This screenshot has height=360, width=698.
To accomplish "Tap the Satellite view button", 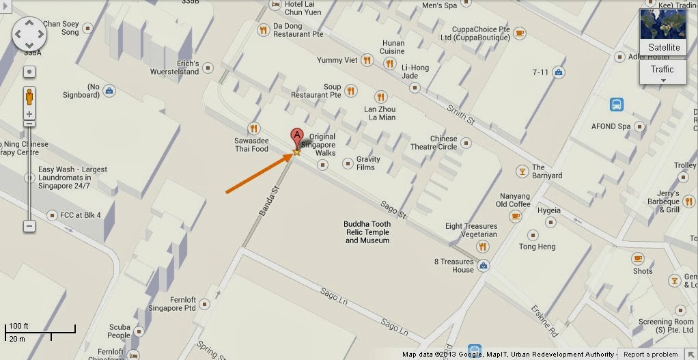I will (x=663, y=33).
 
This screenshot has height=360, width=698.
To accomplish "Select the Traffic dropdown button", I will (x=662, y=72).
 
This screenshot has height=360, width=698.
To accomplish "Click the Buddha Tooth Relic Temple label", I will (x=367, y=232).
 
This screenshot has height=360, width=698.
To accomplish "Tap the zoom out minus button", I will (x=29, y=225).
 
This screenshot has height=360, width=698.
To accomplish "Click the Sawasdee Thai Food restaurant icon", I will (x=254, y=128).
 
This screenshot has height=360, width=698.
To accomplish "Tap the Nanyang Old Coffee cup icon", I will (x=516, y=216).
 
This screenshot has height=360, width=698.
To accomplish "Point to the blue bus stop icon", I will (x=617, y=105).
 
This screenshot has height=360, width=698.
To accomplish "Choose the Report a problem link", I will (x=651, y=355).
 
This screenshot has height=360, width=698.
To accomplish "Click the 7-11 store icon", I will (x=559, y=72).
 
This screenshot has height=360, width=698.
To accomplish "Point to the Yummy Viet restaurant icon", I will (x=368, y=60).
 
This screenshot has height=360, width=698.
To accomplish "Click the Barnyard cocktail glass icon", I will (x=522, y=171).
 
